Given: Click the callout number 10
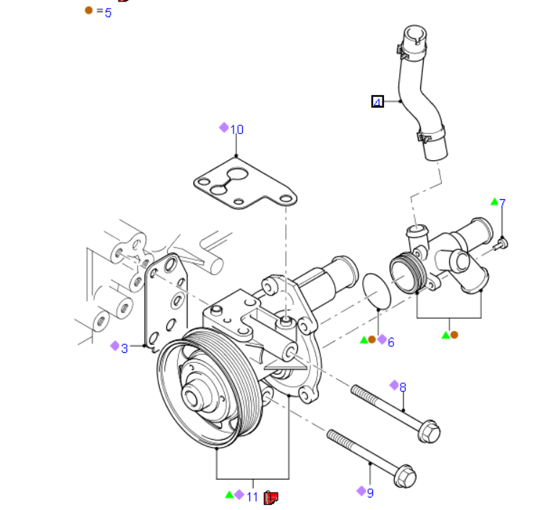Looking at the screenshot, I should pyautogui.click(x=237, y=130).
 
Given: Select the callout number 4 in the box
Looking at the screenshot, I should pyautogui.click(x=377, y=102).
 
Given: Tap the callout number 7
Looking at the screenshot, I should pyautogui.click(x=502, y=203).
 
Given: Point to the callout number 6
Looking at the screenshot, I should pyautogui.click(x=391, y=341).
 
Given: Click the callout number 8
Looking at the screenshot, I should pyautogui.click(x=403, y=387).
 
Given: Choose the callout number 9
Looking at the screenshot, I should pyautogui.click(x=370, y=493).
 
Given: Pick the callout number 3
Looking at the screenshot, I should pyautogui.click(x=124, y=348).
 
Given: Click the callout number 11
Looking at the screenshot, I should pyautogui.click(x=252, y=496).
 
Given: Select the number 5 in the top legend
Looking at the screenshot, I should pyautogui.click(x=108, y=12).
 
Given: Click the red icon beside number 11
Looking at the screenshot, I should pyautogui.click(x=271, y=497).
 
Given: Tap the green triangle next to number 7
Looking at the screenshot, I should pyautogui.click(x=494, y=201).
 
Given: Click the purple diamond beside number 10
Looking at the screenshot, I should pyautogui.click(x=224, y=128).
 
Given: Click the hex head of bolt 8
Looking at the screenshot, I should pyautogui.click(x=429, y=431).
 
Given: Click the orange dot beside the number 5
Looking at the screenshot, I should pyautogui.click(x=89, y=11).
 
